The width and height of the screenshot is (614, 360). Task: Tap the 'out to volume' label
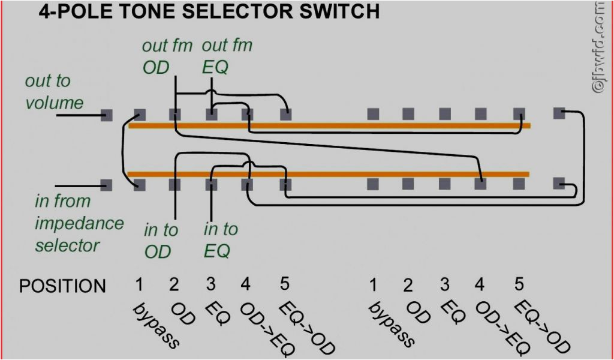[54, 92]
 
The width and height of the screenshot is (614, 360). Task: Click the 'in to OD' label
[161, 240]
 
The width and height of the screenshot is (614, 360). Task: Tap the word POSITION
[62, 286]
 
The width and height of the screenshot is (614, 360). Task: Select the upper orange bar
[330, 126]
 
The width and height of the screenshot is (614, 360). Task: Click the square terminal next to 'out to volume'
[107, 115]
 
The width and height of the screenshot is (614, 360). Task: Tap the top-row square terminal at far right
[559, 112]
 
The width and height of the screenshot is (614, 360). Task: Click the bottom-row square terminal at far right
[559, 183]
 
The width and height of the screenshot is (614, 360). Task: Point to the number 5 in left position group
[285, 284]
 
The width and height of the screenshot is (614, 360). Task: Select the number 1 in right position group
[373, 284]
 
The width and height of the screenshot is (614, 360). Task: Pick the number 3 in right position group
[445, 284]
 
